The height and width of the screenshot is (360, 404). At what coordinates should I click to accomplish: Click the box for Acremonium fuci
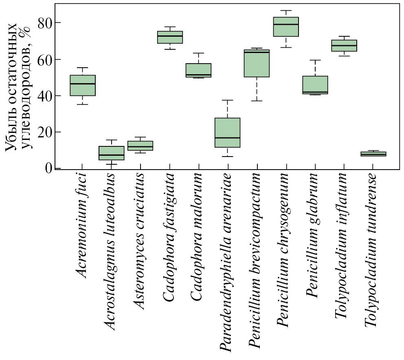point(83,85)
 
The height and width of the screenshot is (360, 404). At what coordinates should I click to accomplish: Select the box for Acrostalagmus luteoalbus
point(112,153)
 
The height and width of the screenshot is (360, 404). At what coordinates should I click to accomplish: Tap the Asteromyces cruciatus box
point(141,146)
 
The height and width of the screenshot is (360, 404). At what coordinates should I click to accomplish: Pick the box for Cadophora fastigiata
point(170,37)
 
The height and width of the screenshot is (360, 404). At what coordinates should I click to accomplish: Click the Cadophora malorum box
point(198,70)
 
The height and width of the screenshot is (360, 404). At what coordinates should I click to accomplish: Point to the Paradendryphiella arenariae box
point(228,133)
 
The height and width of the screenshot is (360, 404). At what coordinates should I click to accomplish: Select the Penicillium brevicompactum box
point(257,63)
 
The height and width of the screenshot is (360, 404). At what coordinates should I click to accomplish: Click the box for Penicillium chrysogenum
point(286,27)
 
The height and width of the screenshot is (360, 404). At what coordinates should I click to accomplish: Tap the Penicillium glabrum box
point(315,85)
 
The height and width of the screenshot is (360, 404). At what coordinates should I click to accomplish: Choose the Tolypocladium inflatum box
point(344,45)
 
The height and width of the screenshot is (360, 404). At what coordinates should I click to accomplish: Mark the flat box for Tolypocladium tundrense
point(373,154)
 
